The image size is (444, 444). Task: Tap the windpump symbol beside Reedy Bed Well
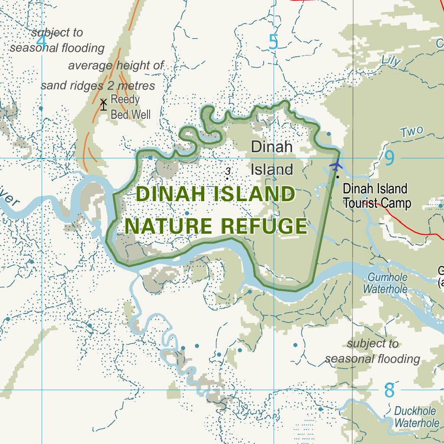click(103, 104)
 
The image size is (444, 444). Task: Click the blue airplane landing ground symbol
click(336, 165)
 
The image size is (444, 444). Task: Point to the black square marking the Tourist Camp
click(337, 176)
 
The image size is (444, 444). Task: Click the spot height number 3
click(228, 172)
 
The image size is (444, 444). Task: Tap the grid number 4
click(41, 41)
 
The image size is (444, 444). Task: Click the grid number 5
click(273, 42)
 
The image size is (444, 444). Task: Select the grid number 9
click(389, 158)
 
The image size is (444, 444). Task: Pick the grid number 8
click(389, 390)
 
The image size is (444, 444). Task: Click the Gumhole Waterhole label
click(387, 283)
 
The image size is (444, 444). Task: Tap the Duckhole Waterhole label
click(416, 417)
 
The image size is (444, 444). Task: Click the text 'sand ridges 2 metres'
click(98, 85)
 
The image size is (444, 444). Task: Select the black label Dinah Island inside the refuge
click(272, 158)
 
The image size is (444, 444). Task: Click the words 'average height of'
click(116, 66)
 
